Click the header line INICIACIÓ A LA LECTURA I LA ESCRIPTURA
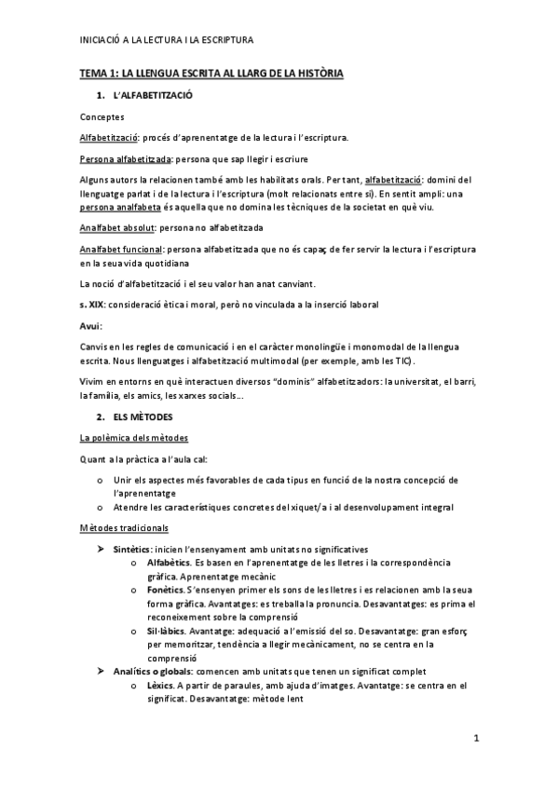pos(167,40)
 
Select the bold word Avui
pos(89,326)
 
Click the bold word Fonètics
pos(165,590)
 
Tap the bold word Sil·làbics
pos(167,631)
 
